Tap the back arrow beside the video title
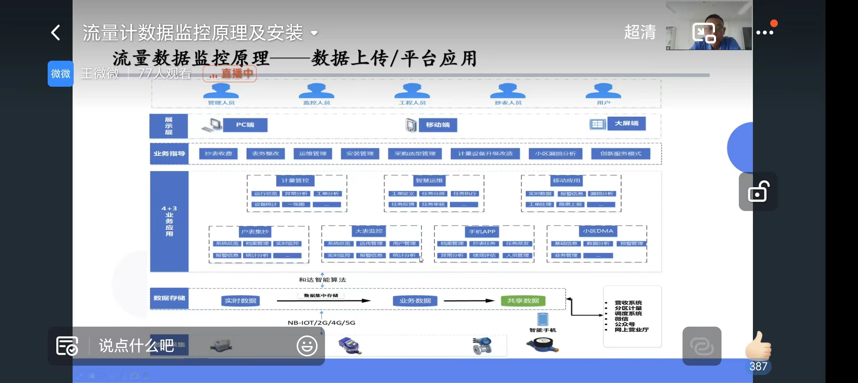56,33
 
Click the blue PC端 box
245,125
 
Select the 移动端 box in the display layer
438,125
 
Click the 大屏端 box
627,124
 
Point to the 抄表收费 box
218,154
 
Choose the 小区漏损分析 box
555,154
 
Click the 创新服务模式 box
621,154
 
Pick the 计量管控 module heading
295,180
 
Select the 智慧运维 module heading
429,180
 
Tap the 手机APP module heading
482,232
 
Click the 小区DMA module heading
598,231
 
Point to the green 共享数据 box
523,301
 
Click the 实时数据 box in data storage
240,301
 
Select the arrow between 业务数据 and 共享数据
469,301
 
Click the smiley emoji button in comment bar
307,346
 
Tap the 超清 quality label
640,32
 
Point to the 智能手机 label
543,330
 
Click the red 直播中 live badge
230,74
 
